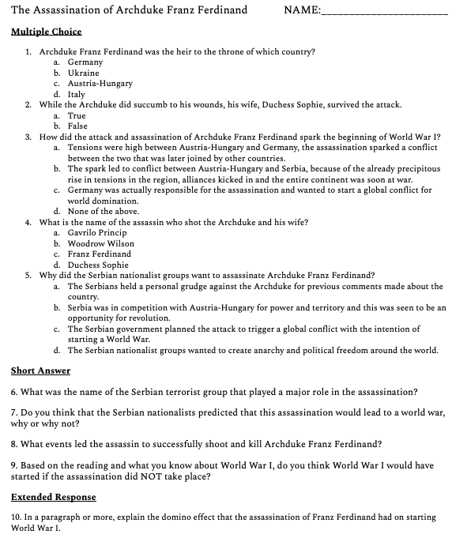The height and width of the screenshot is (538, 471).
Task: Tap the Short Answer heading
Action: point(40,371)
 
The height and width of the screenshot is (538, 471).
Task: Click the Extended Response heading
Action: point(53,497)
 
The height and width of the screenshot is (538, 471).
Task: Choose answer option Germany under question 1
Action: point(85,62)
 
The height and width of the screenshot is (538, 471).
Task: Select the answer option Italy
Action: point(77,94)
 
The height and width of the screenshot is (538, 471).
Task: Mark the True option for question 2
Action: point(77,115)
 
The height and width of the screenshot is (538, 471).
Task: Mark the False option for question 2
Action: point(77,126)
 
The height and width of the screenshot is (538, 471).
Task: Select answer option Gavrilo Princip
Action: point(97,233)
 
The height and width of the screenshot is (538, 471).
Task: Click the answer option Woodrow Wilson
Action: point(101,243)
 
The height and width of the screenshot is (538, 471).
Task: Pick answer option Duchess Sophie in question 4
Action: point(98,265)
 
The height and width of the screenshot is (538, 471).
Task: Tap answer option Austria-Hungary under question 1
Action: point(100,83)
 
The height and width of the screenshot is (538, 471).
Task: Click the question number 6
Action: point(14,392)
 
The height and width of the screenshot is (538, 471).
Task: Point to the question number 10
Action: point(17,517)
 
